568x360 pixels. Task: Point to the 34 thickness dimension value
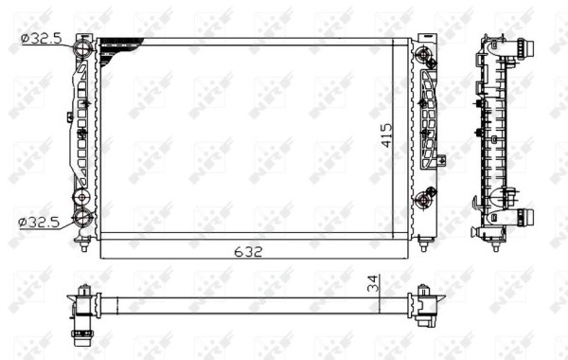[373, 282]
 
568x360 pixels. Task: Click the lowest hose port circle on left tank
[83, 220]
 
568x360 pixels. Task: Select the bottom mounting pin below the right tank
[422, 245]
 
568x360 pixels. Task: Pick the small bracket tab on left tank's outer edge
[69, 118]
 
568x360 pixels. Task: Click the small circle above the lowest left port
[82, 198]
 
